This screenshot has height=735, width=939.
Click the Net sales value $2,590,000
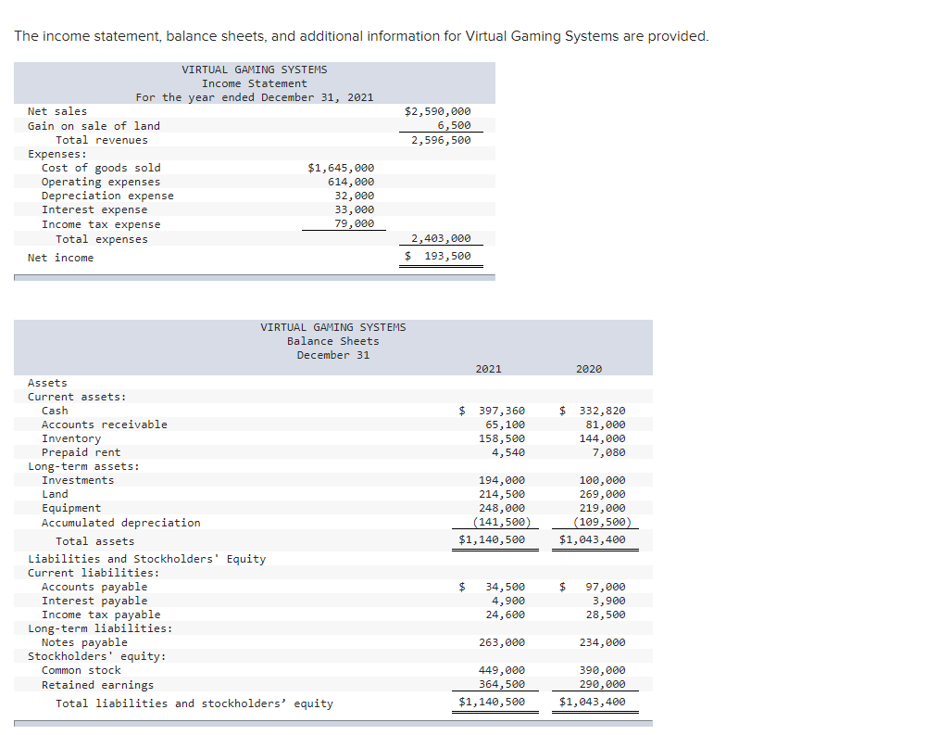pos(438,111)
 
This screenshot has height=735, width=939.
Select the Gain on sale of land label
pos(94,126)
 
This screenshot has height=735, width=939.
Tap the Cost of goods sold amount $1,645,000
pos(341,168)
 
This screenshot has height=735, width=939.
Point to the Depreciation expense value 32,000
pos(354,196)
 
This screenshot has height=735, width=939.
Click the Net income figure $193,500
pos(439,257)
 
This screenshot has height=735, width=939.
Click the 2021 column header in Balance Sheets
pos(488,369)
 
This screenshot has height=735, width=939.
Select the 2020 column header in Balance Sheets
pos(588,369)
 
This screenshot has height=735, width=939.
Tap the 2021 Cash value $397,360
pos(493,411)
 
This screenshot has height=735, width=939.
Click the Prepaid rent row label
pos(81,452)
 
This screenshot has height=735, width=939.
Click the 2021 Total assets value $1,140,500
pos(492,539)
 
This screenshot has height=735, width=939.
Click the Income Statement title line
pos(254,83)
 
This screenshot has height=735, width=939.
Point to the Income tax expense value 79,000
pos(354,223)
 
